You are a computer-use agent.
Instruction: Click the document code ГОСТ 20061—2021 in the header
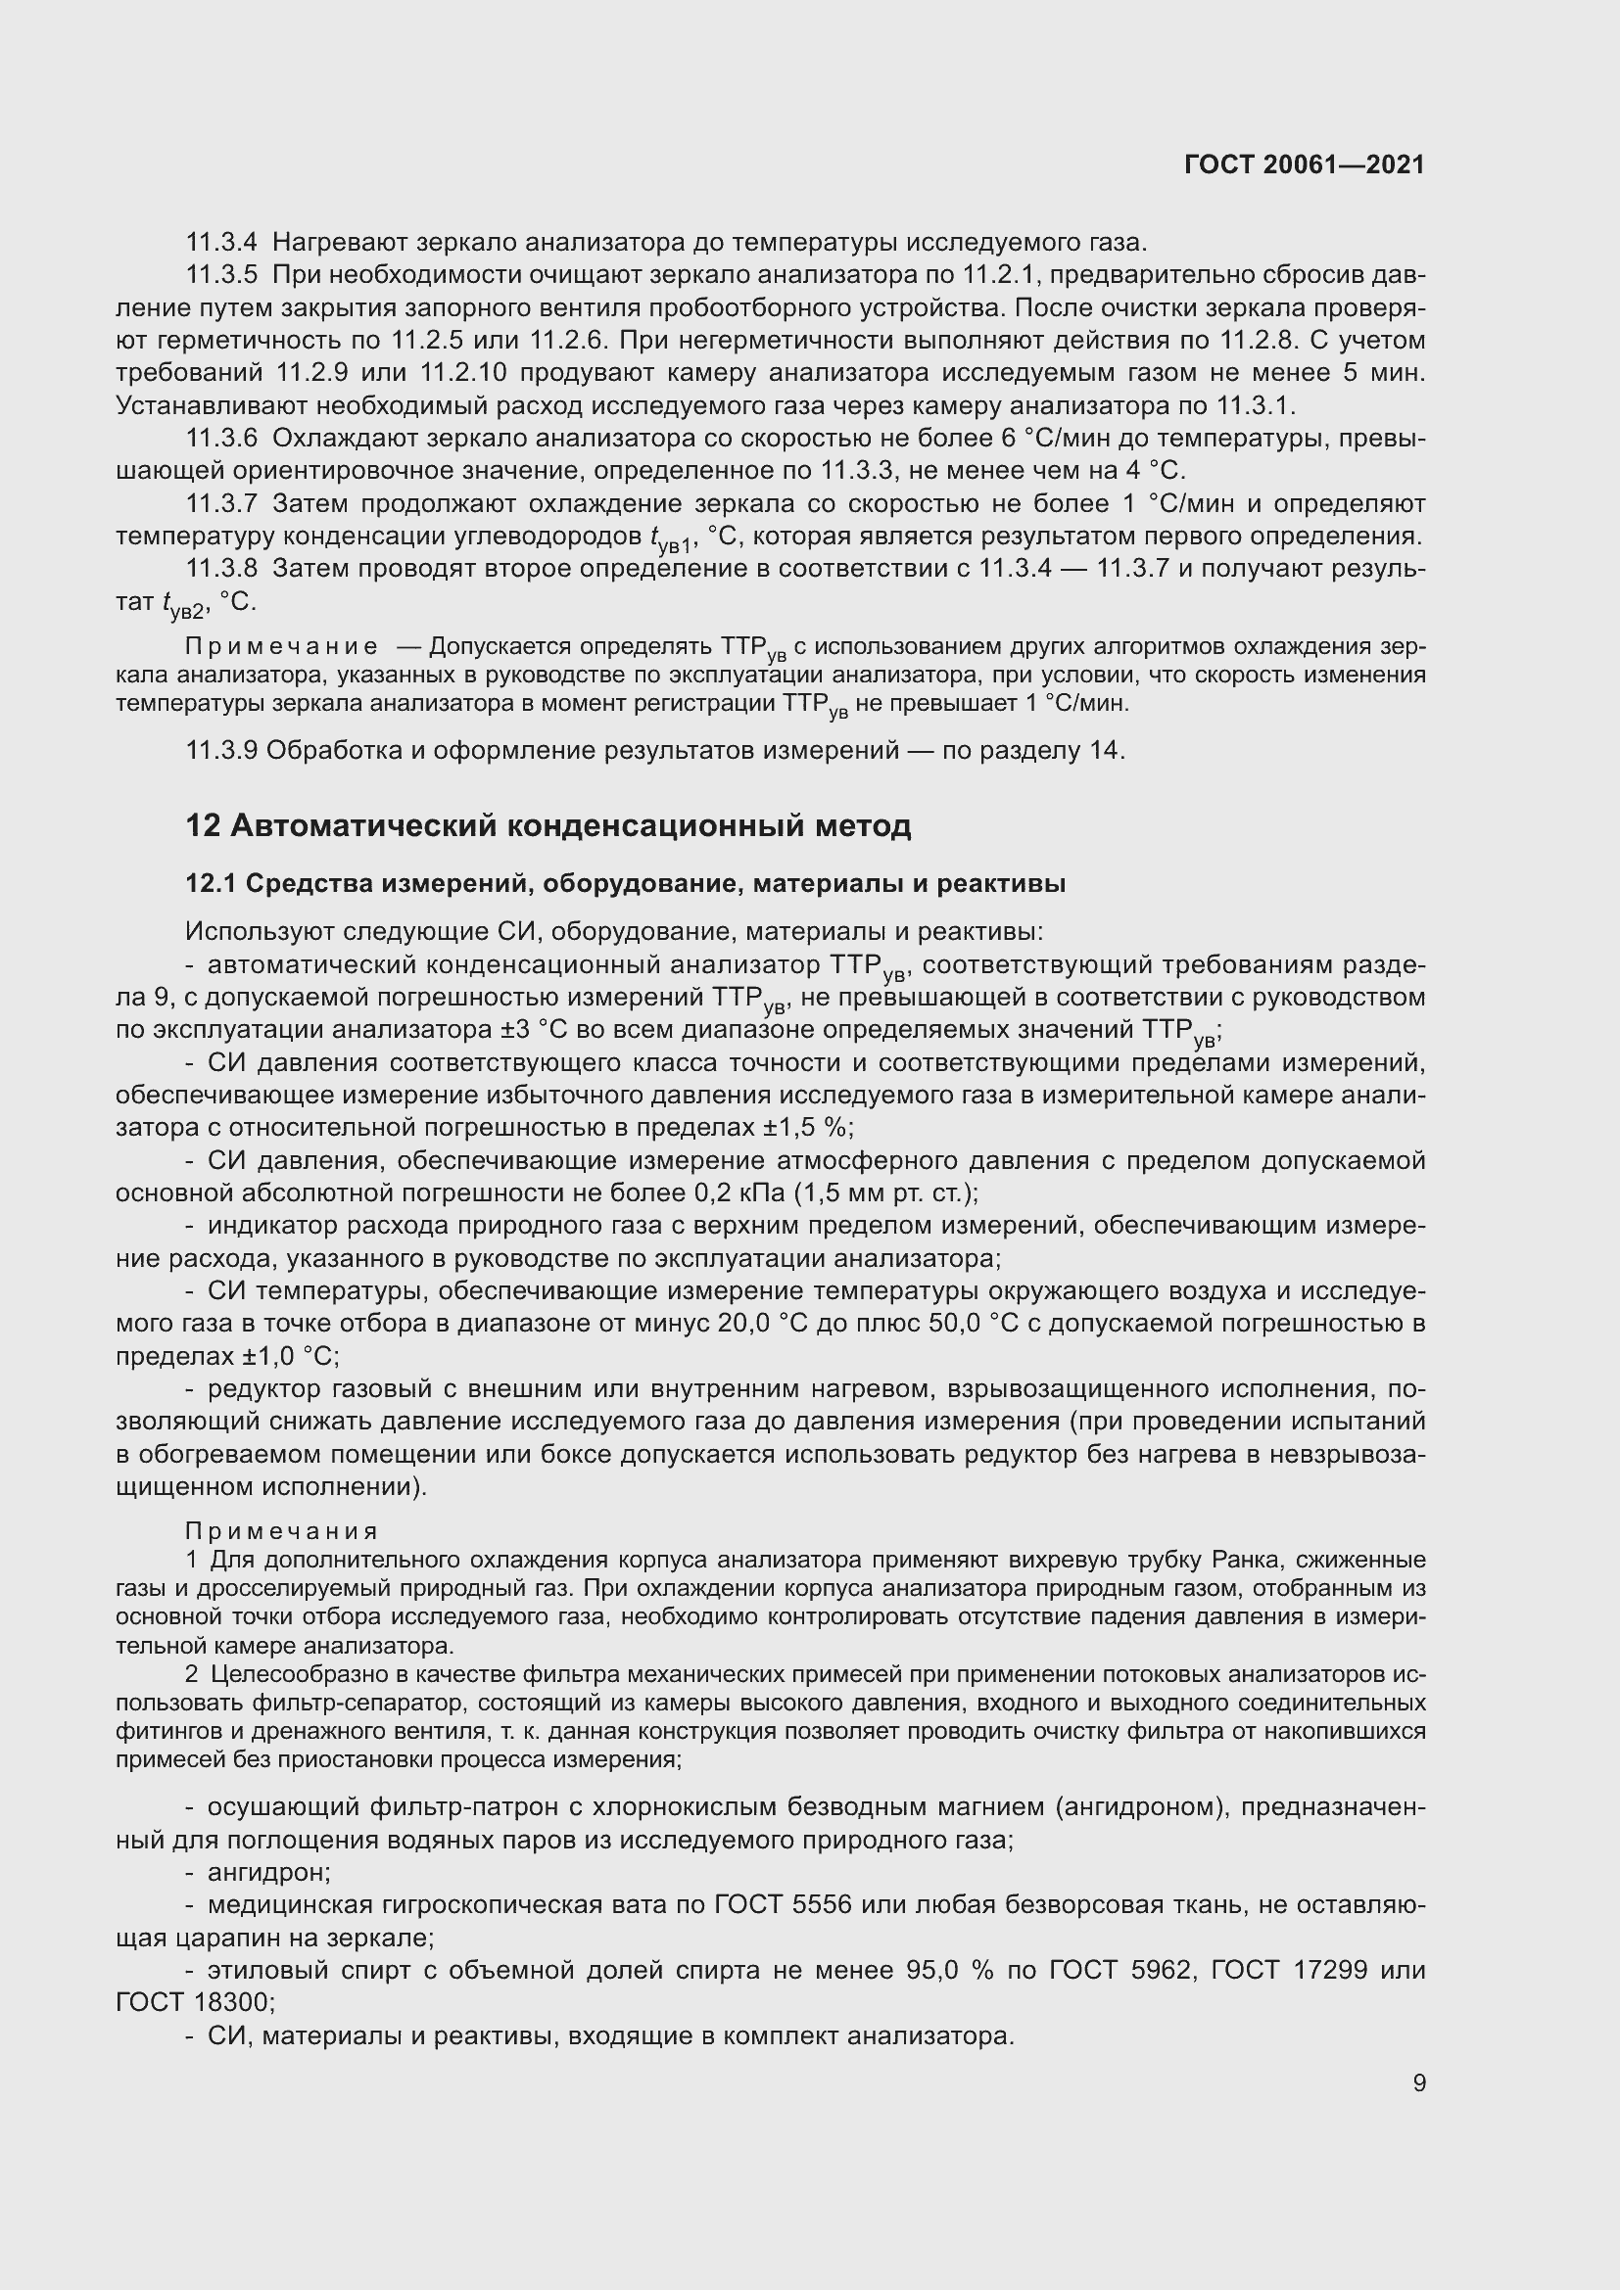[1304, 164]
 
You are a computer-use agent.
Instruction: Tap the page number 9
[1418, 2082]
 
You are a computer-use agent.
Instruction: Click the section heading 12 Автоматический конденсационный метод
[548, 826]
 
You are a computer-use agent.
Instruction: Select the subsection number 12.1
[212, 884]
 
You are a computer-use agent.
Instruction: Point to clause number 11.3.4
[221, 243]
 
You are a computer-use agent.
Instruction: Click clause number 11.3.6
[221, 438]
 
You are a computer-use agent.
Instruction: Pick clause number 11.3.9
[221, 750]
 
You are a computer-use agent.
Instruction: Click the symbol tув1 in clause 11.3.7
[670, 539]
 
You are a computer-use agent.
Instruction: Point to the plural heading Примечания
[281, 1531]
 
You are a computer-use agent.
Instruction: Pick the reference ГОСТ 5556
[784, 1905]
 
